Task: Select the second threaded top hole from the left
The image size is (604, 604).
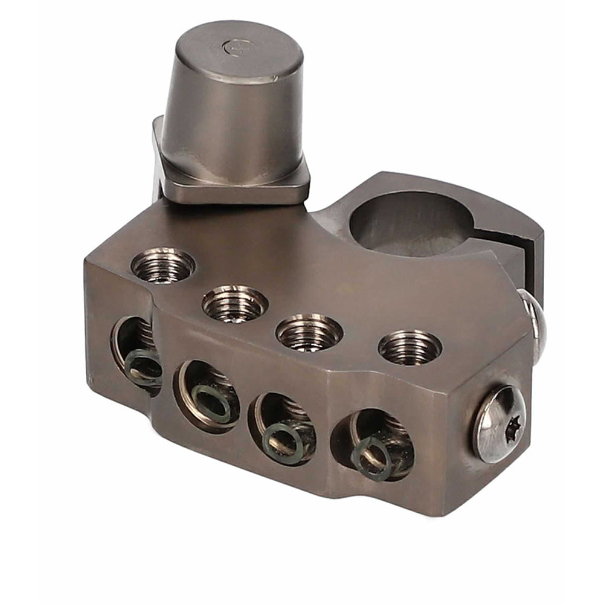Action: [x=235, y=303]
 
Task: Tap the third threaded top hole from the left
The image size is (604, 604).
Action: [x=309, y=332]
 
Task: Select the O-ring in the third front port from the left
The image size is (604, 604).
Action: [x=283, y=441]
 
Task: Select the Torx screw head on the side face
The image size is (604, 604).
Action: [x=499, y=423]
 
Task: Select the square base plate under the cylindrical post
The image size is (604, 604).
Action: [x=236, y=181]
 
